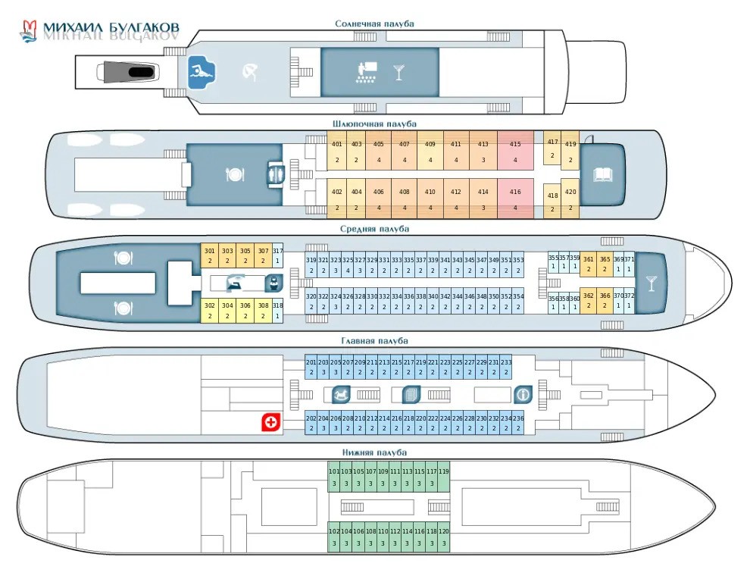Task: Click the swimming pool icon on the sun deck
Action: [202, 72]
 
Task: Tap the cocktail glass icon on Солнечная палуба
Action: [398, 73]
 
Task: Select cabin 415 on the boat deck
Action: [515, 151]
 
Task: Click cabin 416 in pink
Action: [515, 199]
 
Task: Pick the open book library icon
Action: [603, 175]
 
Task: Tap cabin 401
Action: [336, 151]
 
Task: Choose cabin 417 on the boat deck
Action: [552, 149]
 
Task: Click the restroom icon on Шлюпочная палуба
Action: [274, 175]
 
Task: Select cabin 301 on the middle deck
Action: [209, 255]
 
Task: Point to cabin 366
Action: [605, 300]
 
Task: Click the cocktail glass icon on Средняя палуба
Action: [650, 283]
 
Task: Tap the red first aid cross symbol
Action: [270, 423]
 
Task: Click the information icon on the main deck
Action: [523, 395]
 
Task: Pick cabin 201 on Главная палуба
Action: [311, 367]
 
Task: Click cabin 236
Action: [518, 422]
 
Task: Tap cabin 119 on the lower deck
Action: [444, 477]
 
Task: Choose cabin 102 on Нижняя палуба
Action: [334, 537]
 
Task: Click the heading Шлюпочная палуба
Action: [374, 124]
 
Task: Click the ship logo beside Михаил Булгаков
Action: [28, 31]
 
